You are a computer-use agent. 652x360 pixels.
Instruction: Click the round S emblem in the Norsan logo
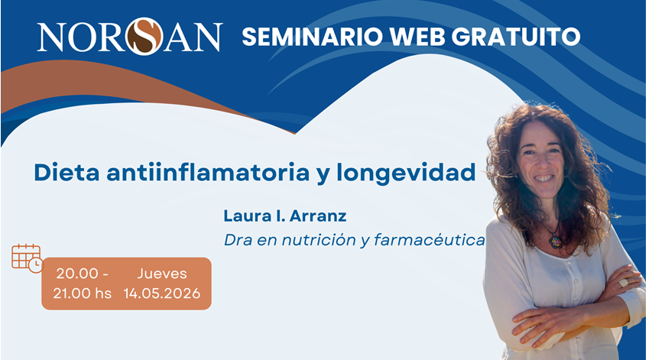pyautogui.click(x=144, y=37)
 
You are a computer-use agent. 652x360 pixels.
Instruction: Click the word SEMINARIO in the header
pyautogui.click(x=313, y=37)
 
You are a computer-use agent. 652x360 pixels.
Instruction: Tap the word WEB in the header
pyautogui.click(x=417, y=37)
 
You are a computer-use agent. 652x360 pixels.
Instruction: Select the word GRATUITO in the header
pyautogui.click(x=516, y=37)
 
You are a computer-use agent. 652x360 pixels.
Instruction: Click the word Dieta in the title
pyautogui.click(x=66, y=172)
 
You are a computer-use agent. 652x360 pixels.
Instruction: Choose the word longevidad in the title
pyautogui.click(x=406, y=173)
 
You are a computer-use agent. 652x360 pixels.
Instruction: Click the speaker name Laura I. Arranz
pyautogui.click(x=285, y=216)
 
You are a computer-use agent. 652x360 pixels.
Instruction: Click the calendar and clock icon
pyautogui.click(x=28, y=258)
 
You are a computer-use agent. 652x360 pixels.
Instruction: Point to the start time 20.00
pyautogui.click(x=77, y=274)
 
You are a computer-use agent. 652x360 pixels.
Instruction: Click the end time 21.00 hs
pyautogui.click(x=83, y=294)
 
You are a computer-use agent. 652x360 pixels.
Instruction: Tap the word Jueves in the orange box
pyautogui.click(x=162, y=274)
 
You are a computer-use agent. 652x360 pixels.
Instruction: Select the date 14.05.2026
pyautogui.click(x=162, y=294)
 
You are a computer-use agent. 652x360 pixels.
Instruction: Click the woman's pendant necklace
pyautogui.click(x=555, y=241)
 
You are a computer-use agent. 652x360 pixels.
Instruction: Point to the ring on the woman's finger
pyautogui.click(x=623, y=283)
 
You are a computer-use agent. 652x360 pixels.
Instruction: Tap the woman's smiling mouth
pyautogui.click(x=543, y=178)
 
